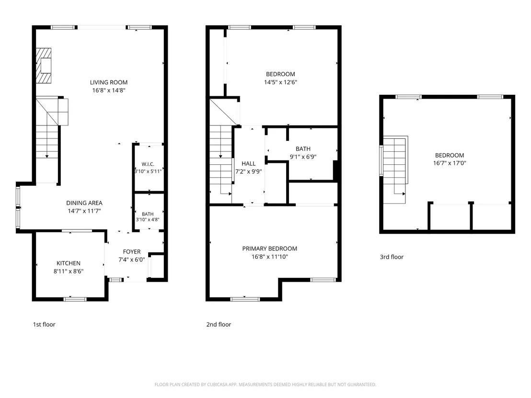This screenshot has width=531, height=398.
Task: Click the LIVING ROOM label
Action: pos(109,82)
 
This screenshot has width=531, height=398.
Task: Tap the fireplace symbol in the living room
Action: pos(44,65)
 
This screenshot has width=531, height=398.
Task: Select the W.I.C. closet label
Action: pos(148,164)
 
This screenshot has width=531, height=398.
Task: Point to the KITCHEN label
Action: pos(69,263)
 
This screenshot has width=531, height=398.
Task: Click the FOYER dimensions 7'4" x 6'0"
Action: pos(132,260)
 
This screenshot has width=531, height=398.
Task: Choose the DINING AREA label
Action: pos(84,203)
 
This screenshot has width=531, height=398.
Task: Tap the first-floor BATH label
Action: pos(148,214)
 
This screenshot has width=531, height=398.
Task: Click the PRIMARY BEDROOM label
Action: pos(269,249)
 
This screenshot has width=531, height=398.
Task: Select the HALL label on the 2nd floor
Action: pos(249,163)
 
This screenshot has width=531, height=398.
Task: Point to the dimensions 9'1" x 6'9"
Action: pos(303,157)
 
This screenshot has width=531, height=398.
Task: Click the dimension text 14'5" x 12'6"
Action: pos(280,82)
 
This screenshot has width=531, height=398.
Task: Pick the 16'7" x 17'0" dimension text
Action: pos(450,163)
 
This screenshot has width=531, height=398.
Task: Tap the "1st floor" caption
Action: pos(44,324)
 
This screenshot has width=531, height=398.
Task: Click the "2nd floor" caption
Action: pos(219,324)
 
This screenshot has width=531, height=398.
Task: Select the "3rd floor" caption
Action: pos(392,257)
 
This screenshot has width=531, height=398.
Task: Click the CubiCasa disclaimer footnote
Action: pos(265,385)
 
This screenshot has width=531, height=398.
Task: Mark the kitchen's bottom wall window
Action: pos(75,299)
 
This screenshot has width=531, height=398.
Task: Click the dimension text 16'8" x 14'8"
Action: pos(109,91)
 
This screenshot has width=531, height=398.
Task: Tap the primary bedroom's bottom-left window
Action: pos(245,299)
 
